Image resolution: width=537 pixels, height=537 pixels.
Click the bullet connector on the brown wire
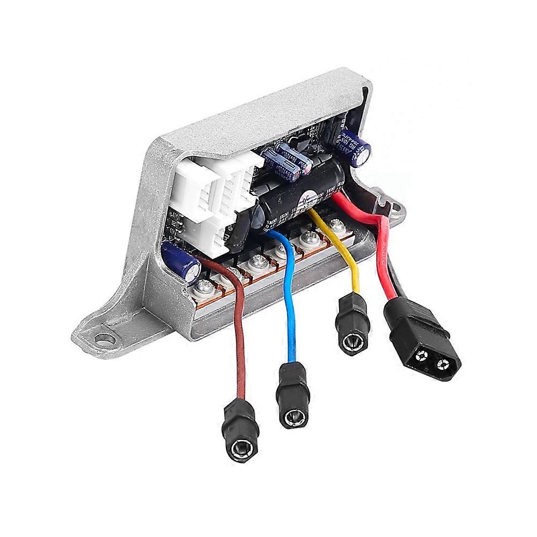(240, 426)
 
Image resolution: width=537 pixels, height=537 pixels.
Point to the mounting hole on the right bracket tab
(398, 205)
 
